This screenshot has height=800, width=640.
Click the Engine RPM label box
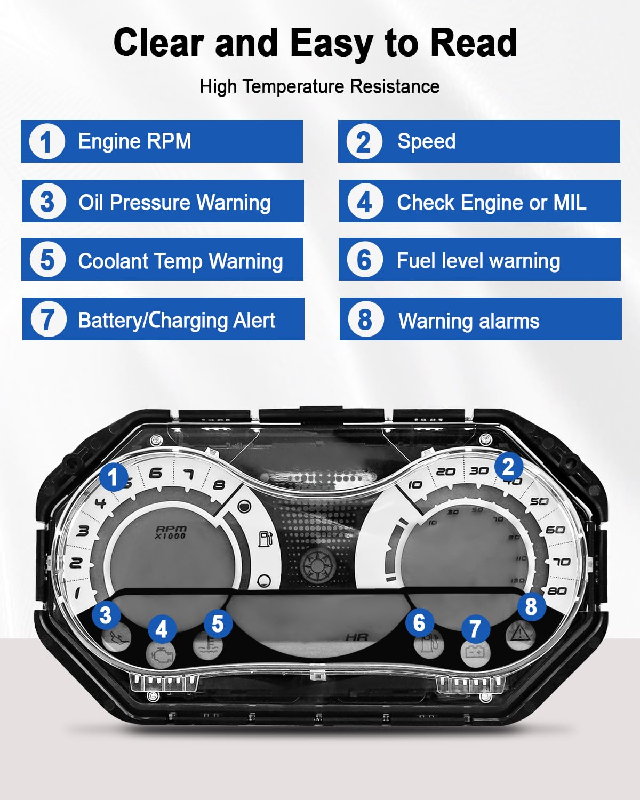coord(162,141)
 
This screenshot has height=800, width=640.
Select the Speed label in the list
coord(479,141)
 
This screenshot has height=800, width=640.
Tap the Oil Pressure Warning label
coord(163,202)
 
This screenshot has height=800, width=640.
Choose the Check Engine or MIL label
coord(480,202)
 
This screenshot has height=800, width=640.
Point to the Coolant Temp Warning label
coord(162,260)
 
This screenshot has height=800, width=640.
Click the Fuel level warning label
coord(479,260)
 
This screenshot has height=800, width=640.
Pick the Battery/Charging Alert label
coord(163,319)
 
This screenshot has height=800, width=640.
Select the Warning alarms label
coord(481,319)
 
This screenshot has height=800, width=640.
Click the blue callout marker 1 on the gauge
coord(113,477)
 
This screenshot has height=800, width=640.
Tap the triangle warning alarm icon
coord(519,634)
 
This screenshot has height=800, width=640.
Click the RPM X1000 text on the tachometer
coord(171,532)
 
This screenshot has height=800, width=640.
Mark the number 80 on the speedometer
coord(557,590)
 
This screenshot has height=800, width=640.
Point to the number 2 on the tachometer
coord(76,563)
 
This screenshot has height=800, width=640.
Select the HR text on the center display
coord(357,637)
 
